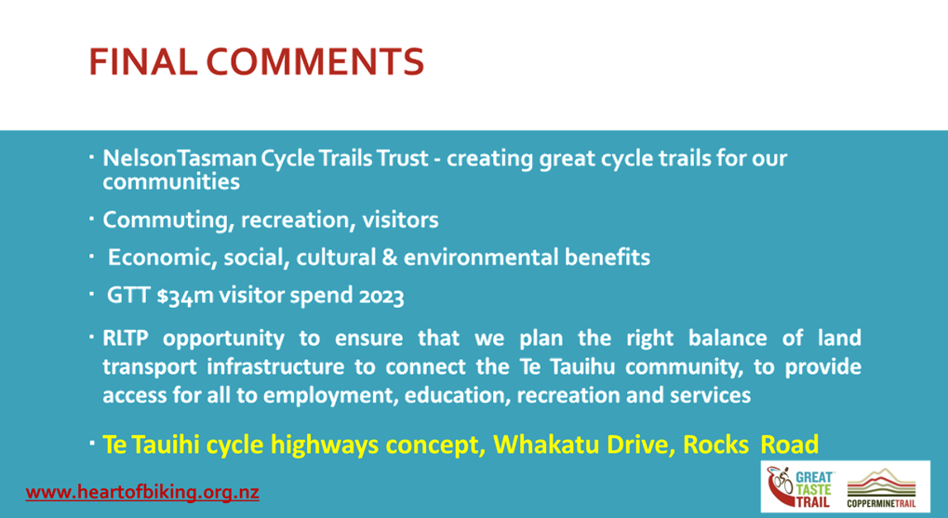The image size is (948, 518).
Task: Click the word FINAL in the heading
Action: (142, 61)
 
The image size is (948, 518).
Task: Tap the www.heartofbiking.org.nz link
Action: (142, 492)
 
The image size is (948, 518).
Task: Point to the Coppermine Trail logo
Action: (882, 488)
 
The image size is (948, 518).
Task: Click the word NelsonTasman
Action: (179, 158)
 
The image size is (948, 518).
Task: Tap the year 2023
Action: (381, 296)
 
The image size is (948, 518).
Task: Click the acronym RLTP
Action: (126, 338)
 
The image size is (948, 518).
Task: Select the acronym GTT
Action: (128, 296)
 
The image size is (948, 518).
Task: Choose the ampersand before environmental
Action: (387, 258)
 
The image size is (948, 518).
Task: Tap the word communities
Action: (171, 182)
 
